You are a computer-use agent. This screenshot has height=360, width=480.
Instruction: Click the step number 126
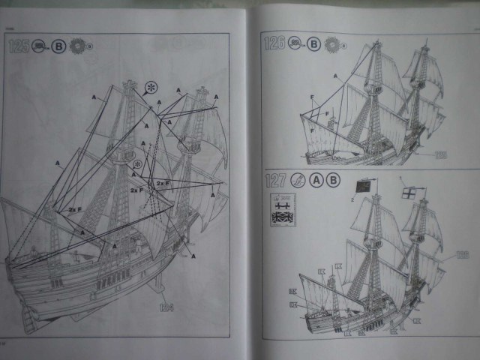point(275,43)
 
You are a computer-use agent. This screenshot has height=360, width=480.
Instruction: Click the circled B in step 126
point(314,43)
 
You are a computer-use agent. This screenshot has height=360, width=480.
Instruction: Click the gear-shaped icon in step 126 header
point(334,43)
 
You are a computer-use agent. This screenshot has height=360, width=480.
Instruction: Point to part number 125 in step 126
point(440,154)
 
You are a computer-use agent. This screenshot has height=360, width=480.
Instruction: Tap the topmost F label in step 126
point(313,97)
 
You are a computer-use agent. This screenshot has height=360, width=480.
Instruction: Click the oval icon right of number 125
point(40,46)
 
